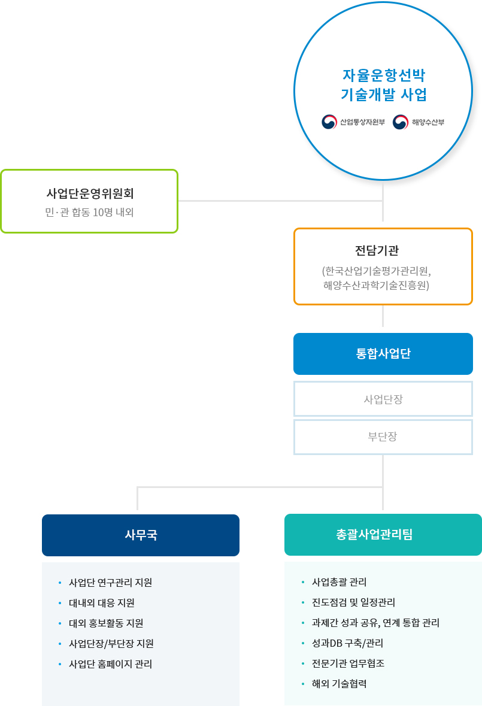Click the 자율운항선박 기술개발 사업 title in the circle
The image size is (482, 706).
click(x=383, y=84)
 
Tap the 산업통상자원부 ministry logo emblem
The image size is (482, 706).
click(x=329, y=122)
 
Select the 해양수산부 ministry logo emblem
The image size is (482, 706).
click(x=400, y=122)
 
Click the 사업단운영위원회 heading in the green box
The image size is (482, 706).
click(x=90, y=193)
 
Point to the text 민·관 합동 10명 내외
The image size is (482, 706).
click(x=90, y=212)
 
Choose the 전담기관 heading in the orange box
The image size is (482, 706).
click(x=377, y=250)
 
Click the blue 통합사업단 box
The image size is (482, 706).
click(x=383, y=354)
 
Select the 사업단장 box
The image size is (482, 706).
click(x=383, y=399)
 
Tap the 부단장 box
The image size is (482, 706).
click(x=383, y=437)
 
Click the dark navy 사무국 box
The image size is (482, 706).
click(x=141, y=535)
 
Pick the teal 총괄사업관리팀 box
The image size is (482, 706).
click(x=383, y=535)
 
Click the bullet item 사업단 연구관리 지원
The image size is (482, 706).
click(x=110, y=583)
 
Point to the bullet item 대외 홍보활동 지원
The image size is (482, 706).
click(x=106, y=623)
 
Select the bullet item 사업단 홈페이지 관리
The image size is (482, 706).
click(x=110, y=664)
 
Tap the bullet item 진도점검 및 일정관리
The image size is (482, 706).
click(x=353, y=602)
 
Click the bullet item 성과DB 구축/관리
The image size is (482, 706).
click(x=347, y=643)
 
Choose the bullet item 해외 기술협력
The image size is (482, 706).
click(x=339, y=684)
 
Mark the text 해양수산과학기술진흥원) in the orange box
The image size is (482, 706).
click(x=376, y=286)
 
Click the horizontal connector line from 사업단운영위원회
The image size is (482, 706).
click(x=280, y=201)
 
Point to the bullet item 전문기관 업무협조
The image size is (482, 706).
click(x=348, y=663)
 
